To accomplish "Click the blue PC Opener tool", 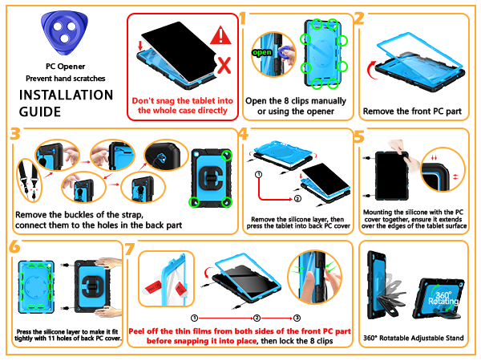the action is (64, 33).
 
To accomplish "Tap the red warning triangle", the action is (220, 35).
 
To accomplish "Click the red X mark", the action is (224, 66).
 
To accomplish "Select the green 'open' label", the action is (261, 52).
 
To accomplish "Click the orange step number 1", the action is (243, 18).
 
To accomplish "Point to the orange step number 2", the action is (359, 18).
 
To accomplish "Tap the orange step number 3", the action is (14, 134).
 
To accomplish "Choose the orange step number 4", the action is (243, 134).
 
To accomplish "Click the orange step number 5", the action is (359, 136).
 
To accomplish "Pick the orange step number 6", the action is (14, 246).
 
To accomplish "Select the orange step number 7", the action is (130, 249).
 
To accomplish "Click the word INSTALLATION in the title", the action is (67, 95).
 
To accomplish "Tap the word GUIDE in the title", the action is (40, 112).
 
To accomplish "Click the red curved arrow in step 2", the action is (371, 70).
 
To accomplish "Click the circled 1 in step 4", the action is (259, 175).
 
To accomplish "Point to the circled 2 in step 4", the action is (297, 199).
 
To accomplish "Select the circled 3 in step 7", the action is (297, 318).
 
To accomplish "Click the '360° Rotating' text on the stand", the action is (443, 298).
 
